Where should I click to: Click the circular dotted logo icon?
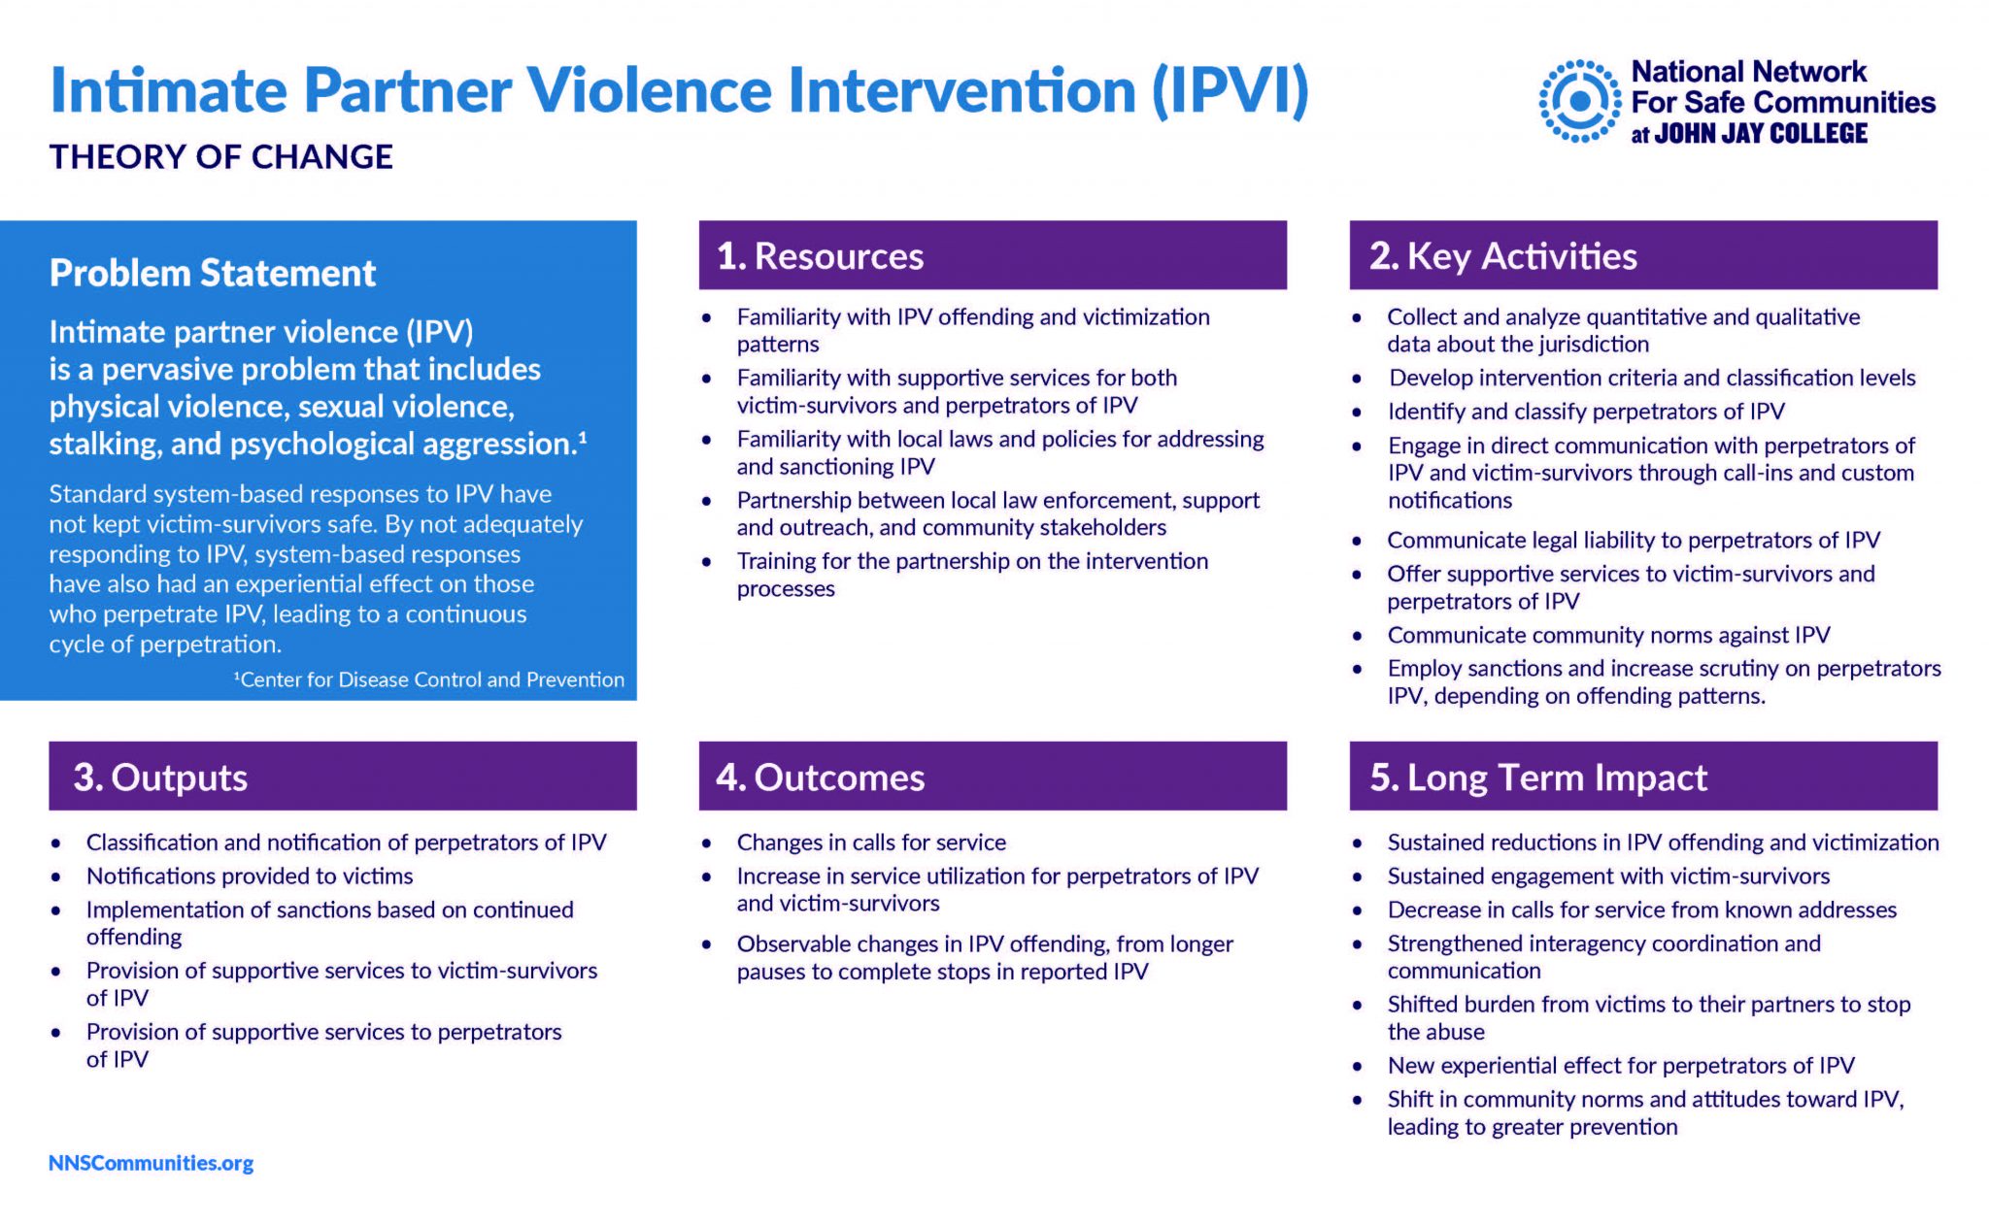tap(1580, 101)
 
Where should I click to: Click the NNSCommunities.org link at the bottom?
tap(151, 1162)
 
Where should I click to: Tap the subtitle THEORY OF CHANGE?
tap(221, 156)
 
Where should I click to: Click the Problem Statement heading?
tap(212, 273)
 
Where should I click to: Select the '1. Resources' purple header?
tap(992, 255)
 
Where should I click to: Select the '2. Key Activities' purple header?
tap(1642, 255)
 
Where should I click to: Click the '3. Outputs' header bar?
tap(342, 777)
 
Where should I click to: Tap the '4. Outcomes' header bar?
tap(992, 777)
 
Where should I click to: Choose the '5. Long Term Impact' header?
tap(1642, 777)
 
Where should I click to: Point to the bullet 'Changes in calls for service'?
tap(870, 842)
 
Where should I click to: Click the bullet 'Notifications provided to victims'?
tap(249, 876)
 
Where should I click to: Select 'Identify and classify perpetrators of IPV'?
tap(1585, 411)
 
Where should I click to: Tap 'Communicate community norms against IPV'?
tap(1607, 635)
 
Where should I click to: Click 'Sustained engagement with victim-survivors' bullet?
tap(1607, 876)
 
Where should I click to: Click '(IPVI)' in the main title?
tap(1230, 90)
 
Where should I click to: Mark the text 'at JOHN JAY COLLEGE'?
tap(1748, 134)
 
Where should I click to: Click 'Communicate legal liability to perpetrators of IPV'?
tap(1633, 540)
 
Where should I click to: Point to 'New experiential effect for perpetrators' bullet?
tap(1620, 1065)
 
